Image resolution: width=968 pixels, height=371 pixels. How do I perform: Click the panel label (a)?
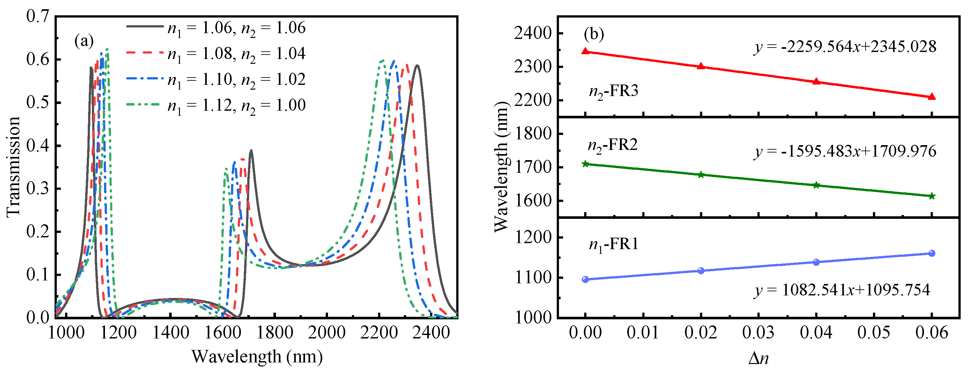pos(84,41)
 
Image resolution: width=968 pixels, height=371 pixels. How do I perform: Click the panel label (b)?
pos(594,34)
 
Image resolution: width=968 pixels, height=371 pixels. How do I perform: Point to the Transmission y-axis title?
pos(13,167)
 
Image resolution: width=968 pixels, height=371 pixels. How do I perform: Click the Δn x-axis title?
pos(758,358)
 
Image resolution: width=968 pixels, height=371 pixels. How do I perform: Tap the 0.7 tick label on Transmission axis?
pos(38,16)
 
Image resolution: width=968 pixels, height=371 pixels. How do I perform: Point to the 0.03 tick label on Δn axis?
pos(758,333)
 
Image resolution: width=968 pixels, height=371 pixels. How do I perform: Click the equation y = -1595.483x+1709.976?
pos(845,152)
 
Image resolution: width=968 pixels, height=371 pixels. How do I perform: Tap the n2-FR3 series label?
pos(613,91)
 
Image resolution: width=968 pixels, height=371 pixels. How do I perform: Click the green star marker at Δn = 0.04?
pos(816,185)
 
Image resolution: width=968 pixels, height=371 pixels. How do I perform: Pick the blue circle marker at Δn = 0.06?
pos(932,253)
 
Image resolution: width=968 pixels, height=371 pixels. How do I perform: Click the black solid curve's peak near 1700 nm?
pos(251,151)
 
